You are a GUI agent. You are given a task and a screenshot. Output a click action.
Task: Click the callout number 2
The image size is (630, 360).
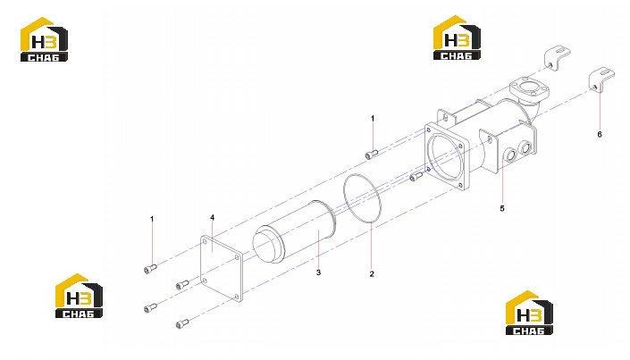pyautogui.click(x=372, y=274)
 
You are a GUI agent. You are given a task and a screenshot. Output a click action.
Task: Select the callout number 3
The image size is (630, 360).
pyautogui.click(x=319, y=272)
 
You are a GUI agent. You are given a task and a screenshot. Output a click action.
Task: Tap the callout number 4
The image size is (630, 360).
pyautogui.click(x=212, y=218)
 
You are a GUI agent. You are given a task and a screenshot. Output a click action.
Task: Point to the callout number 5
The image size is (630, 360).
pyautogui.click(x=502, y=208)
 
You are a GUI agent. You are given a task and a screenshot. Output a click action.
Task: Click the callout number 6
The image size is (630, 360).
pyautogui.click(x=600, y=134)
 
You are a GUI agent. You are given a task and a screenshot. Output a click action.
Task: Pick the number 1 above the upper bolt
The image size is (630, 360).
pyautogui.click(x=373, y=119)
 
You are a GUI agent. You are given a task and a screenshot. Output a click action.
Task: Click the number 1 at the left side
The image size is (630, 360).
pyautogui.click(x=152, y=219)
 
